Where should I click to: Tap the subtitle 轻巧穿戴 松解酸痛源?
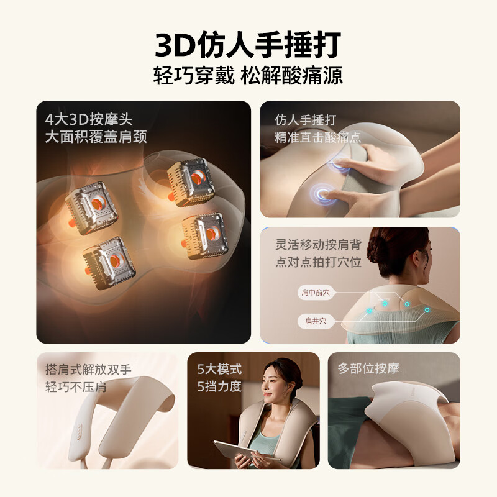[248, 76]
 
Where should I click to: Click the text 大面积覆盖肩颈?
[96, 137]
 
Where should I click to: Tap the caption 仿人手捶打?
[305, 120]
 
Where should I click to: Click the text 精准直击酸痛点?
[318, 137]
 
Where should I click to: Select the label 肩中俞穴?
[317, 293]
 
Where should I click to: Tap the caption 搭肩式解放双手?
[88, 370]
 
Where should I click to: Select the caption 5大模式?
[219, 369]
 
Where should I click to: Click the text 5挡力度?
[219, 386]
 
